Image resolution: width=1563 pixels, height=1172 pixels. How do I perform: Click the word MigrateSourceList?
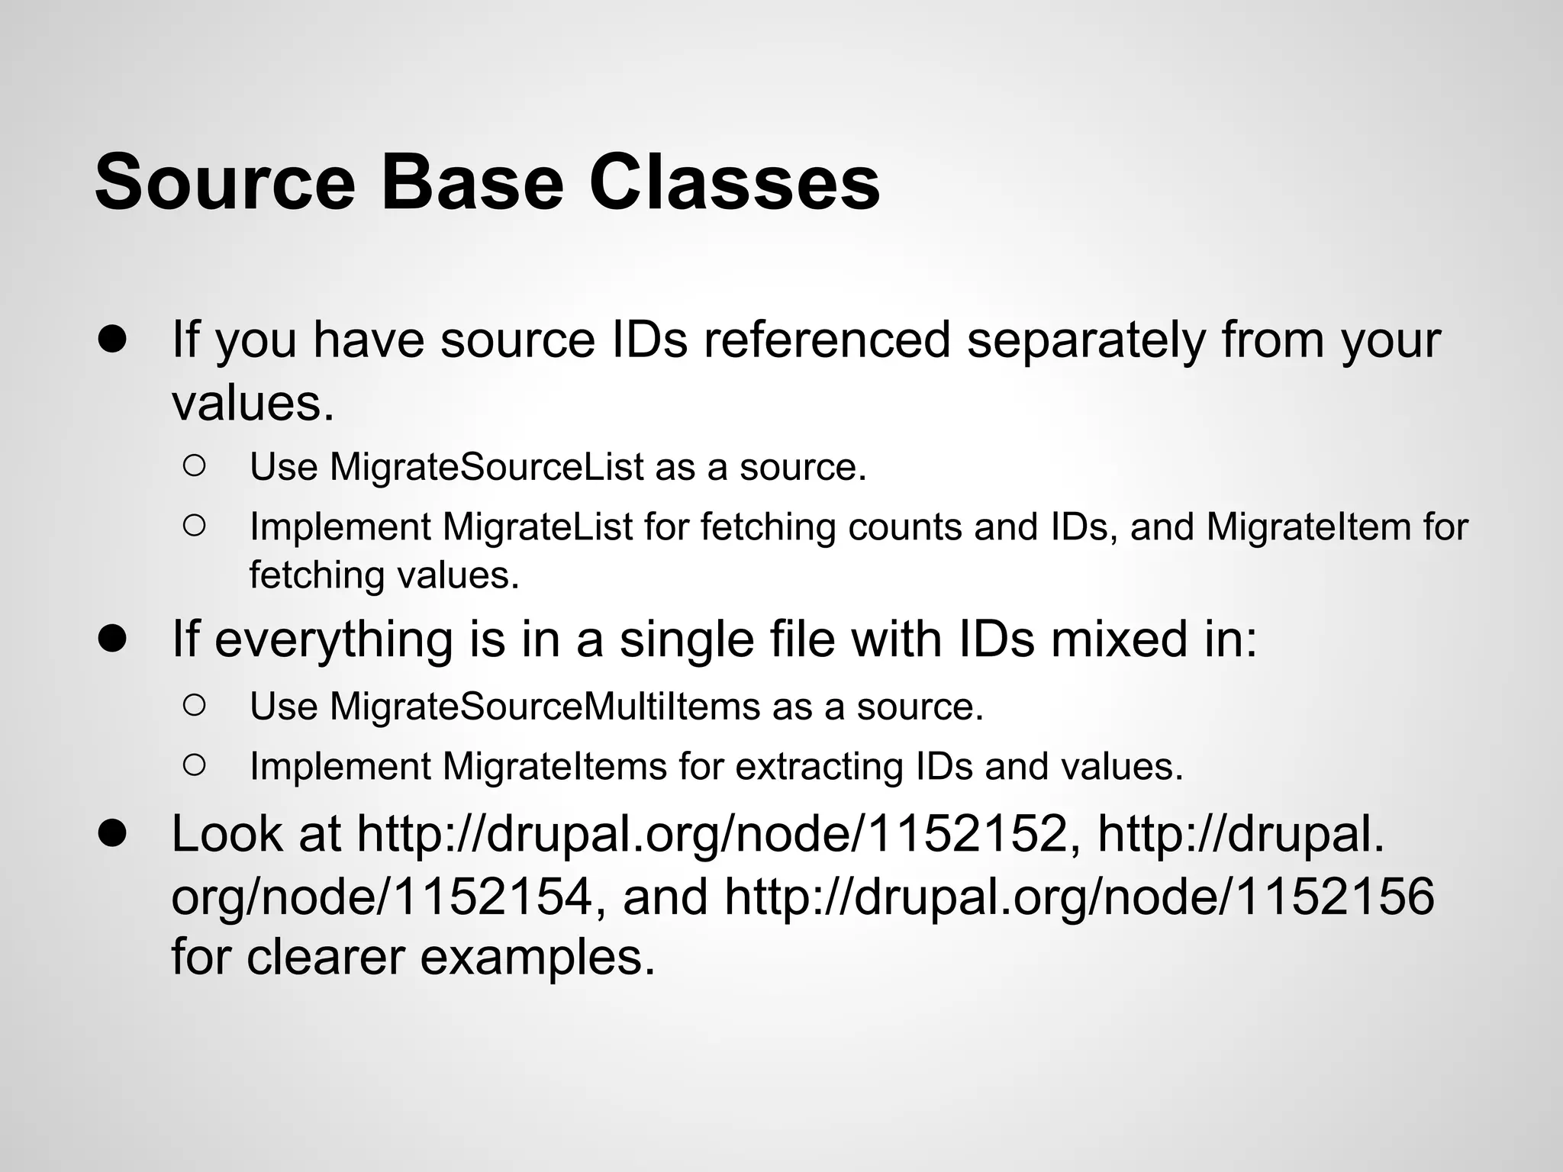tap(487, 467)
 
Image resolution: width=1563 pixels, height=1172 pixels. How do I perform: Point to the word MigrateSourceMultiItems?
tap(545, 707)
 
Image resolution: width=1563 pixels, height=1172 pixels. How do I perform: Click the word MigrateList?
tap(537, 526)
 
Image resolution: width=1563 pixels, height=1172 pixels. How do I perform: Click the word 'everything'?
tap(334, 639)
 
